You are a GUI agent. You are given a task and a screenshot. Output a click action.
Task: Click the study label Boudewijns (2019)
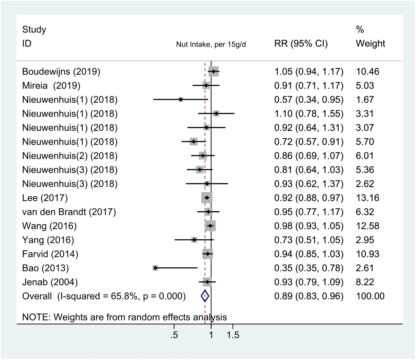click(61, 72)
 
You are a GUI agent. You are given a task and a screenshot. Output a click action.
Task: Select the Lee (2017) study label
click(45, 198)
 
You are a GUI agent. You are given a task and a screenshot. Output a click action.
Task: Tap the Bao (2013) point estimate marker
click(155, 268)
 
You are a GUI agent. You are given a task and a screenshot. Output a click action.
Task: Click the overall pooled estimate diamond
click(205, 296)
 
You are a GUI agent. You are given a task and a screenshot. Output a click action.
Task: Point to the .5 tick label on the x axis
click(174, 335)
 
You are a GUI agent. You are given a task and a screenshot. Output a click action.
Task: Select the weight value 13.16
click(367, 198)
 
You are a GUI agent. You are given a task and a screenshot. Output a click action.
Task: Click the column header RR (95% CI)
click(301, 44)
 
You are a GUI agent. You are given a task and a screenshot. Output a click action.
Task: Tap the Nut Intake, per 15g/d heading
click(211, 45)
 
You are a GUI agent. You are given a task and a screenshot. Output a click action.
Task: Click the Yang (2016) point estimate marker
click(194, 240)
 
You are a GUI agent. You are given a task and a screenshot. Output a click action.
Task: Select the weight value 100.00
click(370, 296)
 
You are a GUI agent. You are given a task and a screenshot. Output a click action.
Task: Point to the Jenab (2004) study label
click(50, 282)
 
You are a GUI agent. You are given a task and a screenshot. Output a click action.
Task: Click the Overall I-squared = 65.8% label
click(104, 296)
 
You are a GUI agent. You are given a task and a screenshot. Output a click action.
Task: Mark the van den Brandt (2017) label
click(69, 212)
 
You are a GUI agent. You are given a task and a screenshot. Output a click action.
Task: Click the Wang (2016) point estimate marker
click(210, 226)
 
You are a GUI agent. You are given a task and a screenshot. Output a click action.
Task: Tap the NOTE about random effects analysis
click(124, 317)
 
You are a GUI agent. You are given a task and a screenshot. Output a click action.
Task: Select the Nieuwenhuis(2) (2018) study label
click(70, 156)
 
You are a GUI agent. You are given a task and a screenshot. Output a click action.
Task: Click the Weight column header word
click(370, 44)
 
